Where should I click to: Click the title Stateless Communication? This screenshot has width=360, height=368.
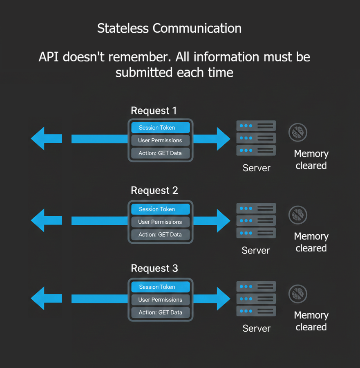169,28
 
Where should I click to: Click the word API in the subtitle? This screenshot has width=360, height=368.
50,56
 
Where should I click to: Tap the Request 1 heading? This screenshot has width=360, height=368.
154,111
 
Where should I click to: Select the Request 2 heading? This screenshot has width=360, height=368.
154,191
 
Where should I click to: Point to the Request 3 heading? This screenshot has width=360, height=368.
154,268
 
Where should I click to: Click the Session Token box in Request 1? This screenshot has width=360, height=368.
160,128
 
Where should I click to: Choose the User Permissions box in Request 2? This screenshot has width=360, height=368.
160,222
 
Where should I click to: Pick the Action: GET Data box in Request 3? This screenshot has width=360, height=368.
160,312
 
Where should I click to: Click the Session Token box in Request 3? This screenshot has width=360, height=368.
160,287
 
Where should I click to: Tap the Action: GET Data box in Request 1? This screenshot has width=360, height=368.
160,153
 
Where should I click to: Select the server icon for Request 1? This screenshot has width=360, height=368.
256,138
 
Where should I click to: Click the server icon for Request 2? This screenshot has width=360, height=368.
256,221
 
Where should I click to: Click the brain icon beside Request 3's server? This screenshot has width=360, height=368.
298,294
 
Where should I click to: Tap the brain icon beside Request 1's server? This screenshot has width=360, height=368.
298,133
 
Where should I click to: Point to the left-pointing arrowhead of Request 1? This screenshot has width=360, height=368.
42,139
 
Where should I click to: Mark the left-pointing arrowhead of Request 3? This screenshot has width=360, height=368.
42,299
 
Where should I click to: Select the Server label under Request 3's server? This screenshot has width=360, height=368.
256,328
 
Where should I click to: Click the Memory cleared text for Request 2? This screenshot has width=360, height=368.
311,242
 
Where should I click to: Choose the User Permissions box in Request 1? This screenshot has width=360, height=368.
160,140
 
